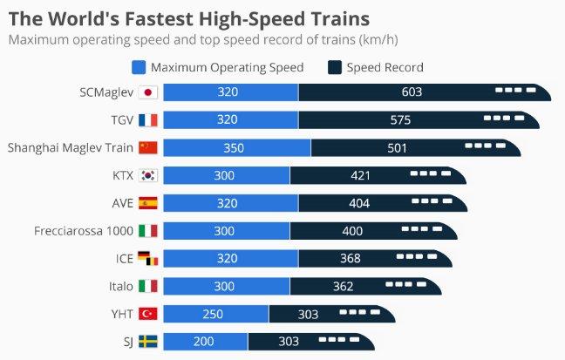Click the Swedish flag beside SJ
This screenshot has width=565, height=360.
147,342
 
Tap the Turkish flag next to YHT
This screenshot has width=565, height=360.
147,314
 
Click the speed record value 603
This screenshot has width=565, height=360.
412,92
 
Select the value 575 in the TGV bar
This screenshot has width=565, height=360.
401,120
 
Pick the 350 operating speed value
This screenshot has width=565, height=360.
234,148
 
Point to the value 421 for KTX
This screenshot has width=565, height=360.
361,175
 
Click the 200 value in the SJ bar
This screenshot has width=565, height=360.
203,342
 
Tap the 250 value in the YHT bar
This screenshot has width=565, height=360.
213,314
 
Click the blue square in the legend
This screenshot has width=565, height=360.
138,67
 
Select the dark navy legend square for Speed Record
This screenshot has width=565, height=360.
334,67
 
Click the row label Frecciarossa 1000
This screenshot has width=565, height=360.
83,231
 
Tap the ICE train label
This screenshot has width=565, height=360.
125,259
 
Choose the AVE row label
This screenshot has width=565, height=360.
122,203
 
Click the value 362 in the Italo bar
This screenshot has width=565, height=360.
343,286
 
